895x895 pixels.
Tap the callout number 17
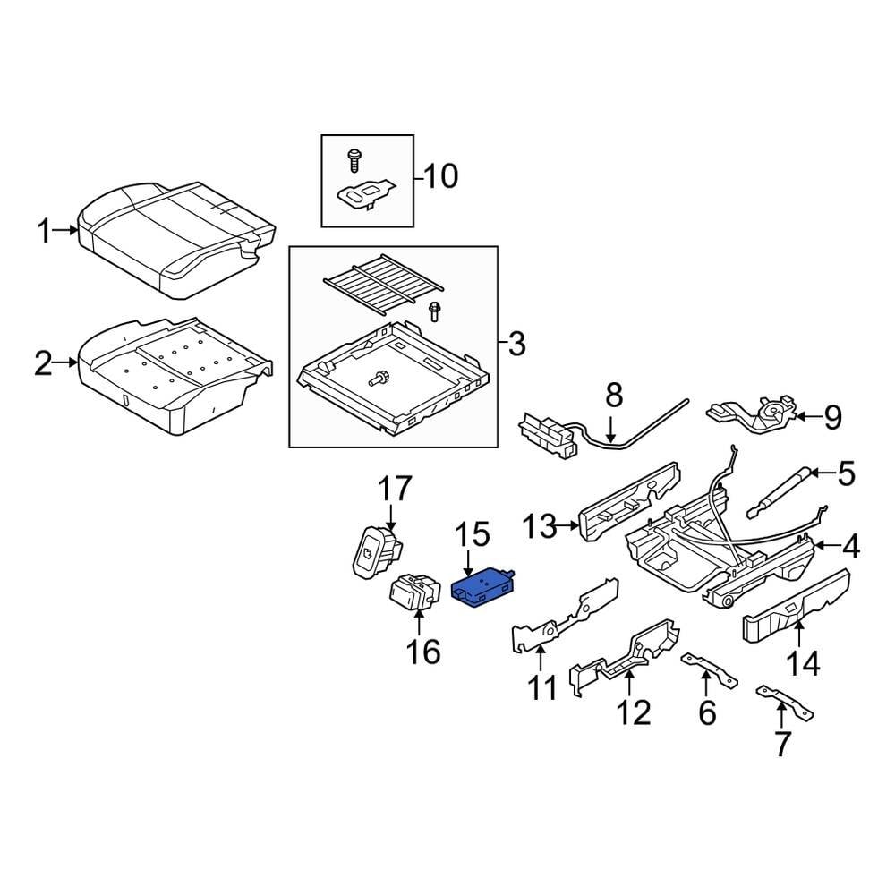tap(394, 490)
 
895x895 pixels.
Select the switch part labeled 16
tap(416, 592)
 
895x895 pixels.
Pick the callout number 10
tap(439, 175)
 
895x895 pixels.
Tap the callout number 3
tap(516, 343)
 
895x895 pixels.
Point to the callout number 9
tap(832, 417)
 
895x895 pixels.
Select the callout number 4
tap(849, 546)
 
